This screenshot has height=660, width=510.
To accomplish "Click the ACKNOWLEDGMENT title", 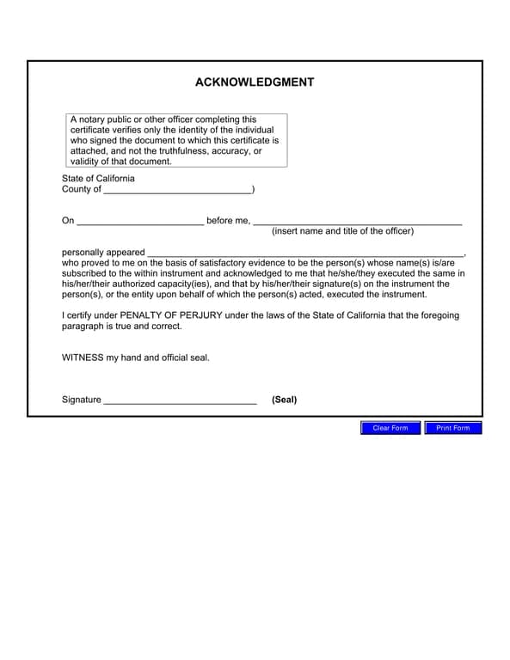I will (255, 82).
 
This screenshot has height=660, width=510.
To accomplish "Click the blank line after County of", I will (177, 190).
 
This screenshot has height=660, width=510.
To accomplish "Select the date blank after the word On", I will (140, 222).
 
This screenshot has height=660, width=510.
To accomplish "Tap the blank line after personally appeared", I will (305, 253).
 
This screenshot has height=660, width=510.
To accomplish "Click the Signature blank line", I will (180, 400).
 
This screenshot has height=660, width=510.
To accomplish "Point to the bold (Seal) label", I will (285, 400).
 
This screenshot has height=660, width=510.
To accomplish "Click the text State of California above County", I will (98, 179).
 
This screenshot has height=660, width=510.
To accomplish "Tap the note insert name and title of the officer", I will (342, 231).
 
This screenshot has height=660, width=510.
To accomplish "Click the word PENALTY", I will (140, 315).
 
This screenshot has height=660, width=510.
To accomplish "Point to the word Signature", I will (82, 400).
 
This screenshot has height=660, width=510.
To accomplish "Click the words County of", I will (82, 189).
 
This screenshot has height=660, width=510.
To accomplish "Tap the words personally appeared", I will (103, 253).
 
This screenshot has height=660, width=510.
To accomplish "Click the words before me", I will (228, 221).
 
